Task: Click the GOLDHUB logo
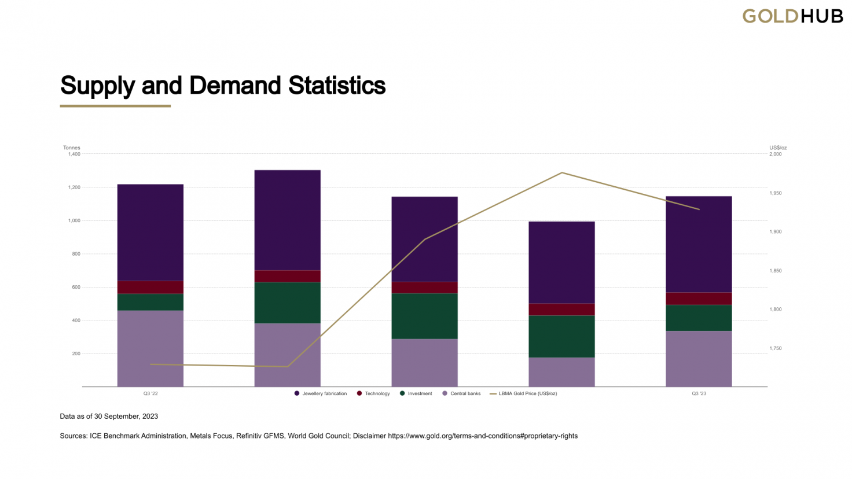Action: click(792, 16)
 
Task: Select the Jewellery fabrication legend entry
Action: click(321, 393)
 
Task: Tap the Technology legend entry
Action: click(373, 393)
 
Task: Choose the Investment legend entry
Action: click(416, 393)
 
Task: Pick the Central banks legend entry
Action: click(461, 393)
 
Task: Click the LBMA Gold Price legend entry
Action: click(523, 393)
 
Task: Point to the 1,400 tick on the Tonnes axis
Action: click(74, 154)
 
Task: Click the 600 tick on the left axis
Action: click(76, 287)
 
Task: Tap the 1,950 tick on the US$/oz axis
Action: click(775, 193)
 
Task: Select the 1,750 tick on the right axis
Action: click(775, 348)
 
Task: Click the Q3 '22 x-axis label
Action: click(150, 393)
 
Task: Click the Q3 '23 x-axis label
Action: click(699, 393)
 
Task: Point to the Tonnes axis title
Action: click(72, 148)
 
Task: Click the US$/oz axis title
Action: click(778, 148)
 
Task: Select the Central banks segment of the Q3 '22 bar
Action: click(150, 349)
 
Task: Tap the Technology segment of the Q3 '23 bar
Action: click(699, 299)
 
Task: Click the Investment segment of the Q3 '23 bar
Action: click(699, 318)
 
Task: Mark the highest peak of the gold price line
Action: click(562, 172)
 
